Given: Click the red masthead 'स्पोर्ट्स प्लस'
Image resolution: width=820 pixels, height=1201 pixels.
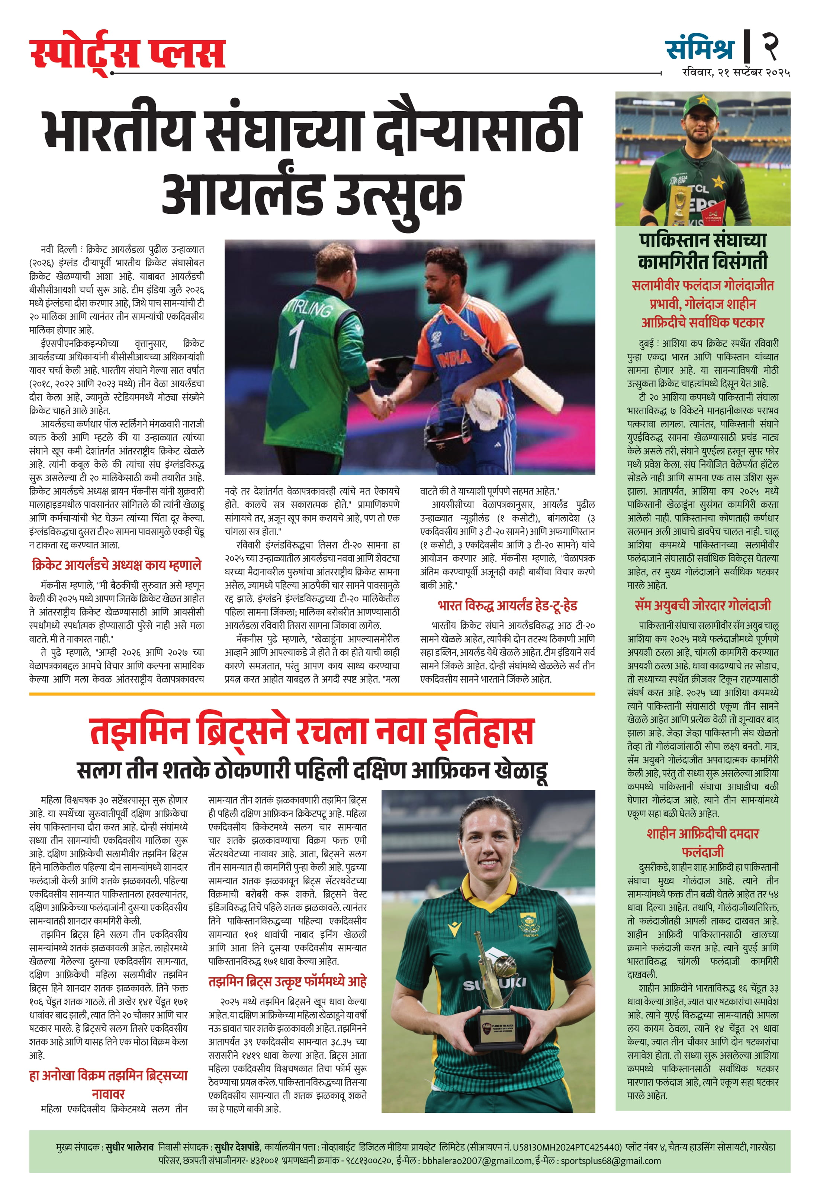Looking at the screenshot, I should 127,53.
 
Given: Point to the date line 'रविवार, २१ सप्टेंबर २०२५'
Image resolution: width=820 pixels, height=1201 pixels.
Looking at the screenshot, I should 736,73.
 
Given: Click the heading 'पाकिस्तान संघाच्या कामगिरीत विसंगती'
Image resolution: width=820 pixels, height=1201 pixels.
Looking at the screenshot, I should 703,251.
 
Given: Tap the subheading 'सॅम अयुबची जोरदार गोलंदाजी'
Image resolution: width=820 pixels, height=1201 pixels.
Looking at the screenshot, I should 703,605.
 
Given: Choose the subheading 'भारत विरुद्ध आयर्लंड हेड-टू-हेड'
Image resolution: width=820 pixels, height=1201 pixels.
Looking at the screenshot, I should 507,605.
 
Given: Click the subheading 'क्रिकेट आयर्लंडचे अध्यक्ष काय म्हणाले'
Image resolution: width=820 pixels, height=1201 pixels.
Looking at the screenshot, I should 116,565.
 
